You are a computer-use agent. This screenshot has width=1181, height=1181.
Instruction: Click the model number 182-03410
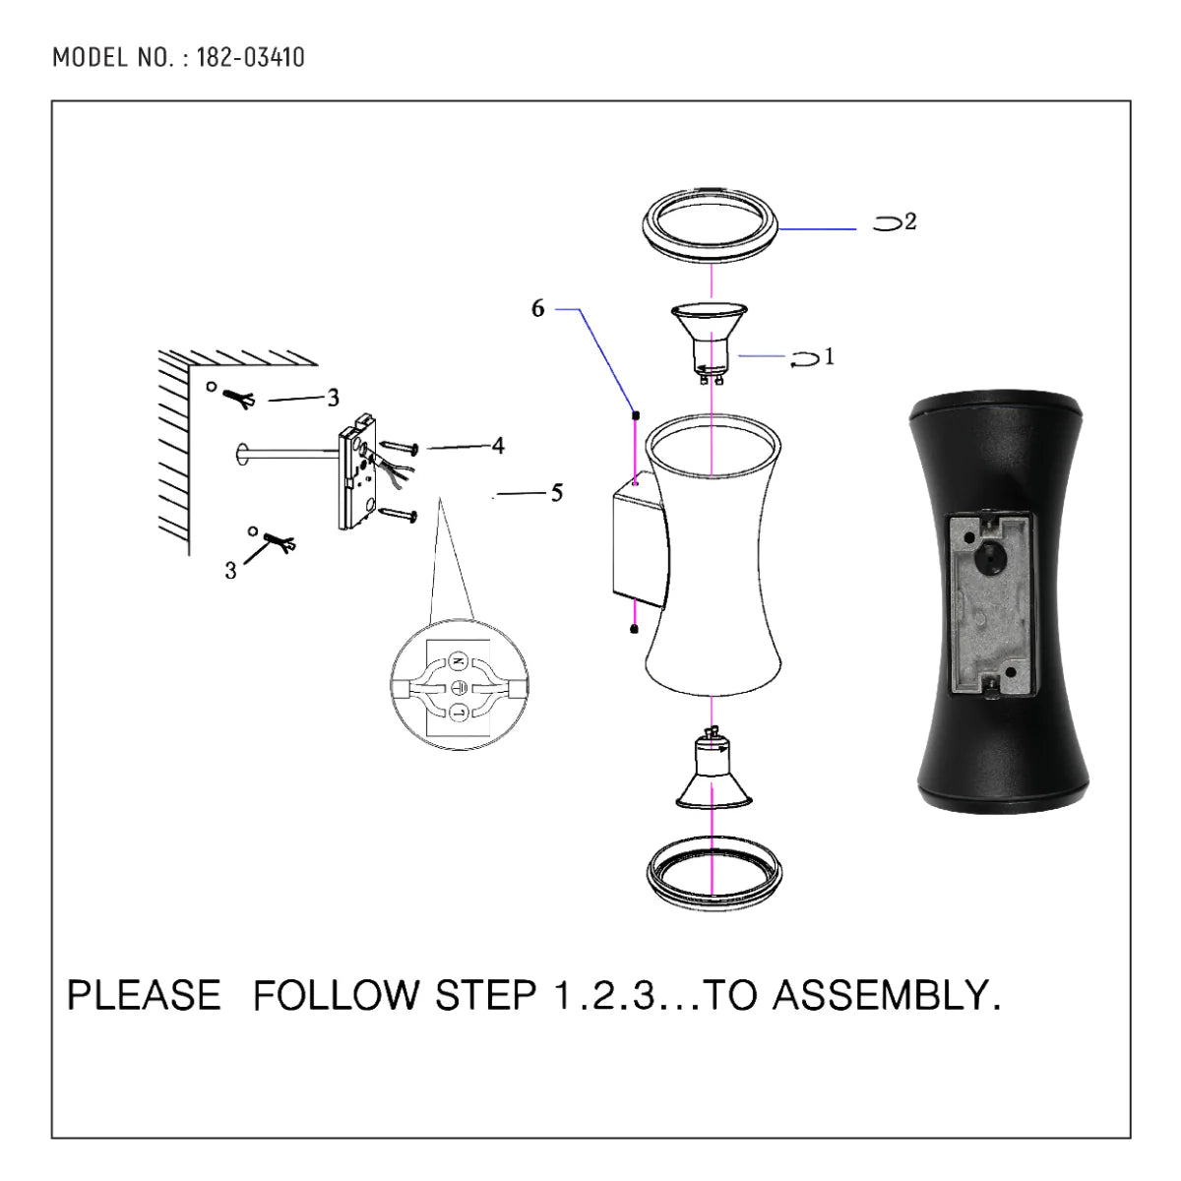tap(250, 57)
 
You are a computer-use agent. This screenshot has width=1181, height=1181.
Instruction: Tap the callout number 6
tap(537, 309)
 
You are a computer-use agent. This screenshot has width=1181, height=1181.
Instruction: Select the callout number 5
tap(557, 493)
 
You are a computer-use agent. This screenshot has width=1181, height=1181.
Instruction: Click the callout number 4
tap(498, 446)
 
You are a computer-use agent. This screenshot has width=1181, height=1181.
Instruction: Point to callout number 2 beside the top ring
tap(910, 222)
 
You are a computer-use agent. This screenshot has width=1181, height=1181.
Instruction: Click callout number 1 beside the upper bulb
tap(829, 356)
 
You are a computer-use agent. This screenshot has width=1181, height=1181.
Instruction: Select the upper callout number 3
tap(334, 398)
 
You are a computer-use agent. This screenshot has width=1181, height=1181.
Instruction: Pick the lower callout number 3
tap(230, 571)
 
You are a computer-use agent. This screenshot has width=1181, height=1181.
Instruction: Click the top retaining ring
tap(711, 226)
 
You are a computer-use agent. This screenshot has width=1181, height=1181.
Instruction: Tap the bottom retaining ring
tap(711, 874)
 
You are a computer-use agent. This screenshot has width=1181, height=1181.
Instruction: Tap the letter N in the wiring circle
tap(458, 660)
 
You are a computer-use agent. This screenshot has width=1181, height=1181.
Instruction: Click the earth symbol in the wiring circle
tap(459, 686)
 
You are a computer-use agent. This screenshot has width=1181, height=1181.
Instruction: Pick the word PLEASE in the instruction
tap(144, 996)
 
